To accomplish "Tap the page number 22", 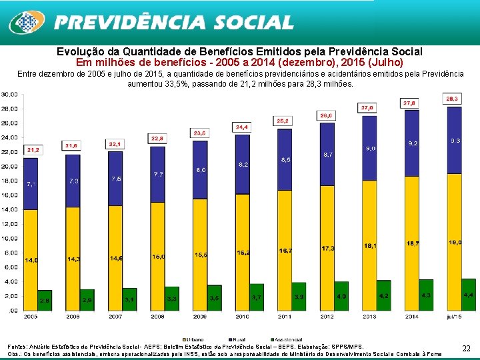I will [466, 348].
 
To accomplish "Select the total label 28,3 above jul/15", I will [453, 99].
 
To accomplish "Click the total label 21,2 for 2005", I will [33, 150].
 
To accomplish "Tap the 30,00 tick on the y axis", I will [9, 95].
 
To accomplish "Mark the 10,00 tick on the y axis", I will [9, 238].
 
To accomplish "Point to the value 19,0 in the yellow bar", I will [455, 243].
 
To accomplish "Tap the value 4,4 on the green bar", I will [468, 294].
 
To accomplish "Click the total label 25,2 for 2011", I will [283, 121].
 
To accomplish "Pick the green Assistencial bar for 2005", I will [45, 300].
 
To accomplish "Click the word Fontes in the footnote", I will [17, 347].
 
